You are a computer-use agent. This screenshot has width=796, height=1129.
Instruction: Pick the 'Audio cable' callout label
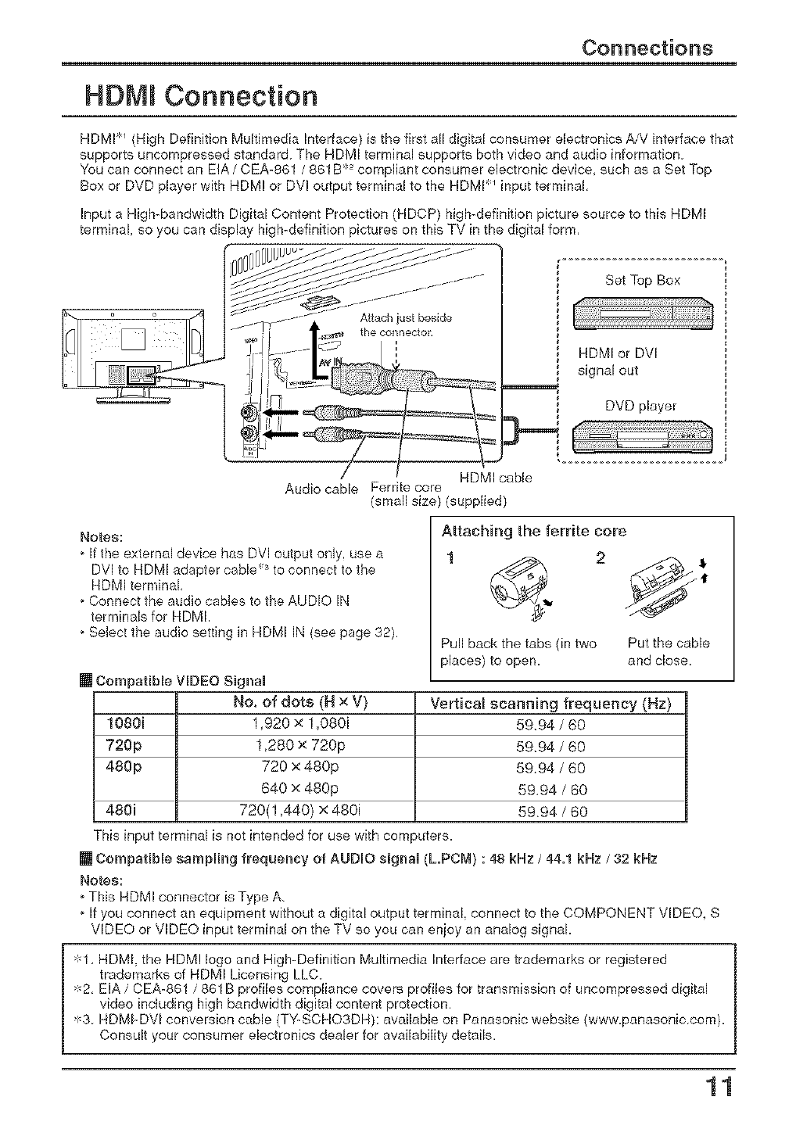[321, 489]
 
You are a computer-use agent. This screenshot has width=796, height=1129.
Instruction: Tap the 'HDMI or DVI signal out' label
[618, 362]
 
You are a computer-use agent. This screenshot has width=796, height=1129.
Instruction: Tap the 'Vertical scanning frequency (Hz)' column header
[550, 704]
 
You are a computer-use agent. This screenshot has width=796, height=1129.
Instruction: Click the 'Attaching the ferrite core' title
[534, 532]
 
